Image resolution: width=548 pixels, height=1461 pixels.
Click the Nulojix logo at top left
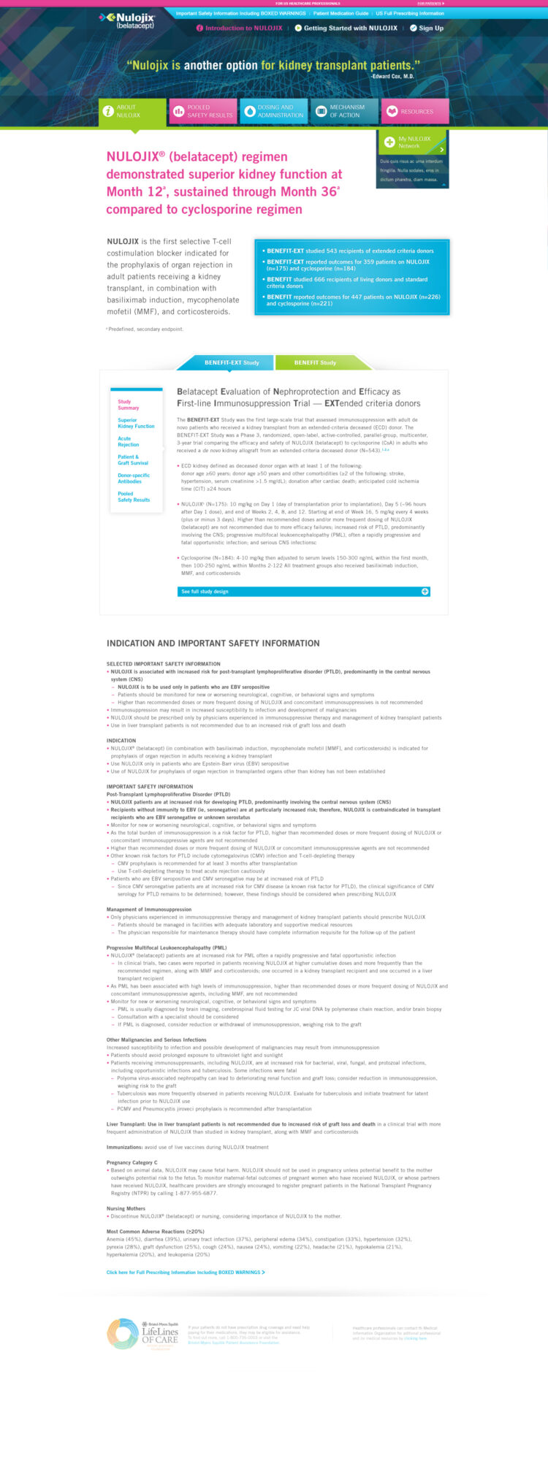127,20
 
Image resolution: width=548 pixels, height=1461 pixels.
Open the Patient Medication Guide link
340,13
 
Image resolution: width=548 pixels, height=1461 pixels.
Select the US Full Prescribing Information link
409,13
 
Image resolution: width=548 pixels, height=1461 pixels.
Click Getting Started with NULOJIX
350,28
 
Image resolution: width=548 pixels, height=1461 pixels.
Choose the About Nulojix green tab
132,112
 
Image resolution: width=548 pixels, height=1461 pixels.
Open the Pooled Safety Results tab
202,112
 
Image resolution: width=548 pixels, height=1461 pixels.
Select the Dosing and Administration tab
273,112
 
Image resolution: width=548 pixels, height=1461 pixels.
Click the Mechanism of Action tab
343,112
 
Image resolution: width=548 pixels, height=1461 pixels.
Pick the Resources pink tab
414,112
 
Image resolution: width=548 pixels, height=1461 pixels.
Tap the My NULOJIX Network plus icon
389,142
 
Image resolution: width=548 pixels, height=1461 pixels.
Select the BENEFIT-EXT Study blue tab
232,362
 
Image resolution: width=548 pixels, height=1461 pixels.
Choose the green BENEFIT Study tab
315,362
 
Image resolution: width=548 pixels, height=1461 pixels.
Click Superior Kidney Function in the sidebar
136,423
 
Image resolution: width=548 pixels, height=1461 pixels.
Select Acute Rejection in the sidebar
129,441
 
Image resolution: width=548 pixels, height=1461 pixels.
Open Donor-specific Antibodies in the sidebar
134,478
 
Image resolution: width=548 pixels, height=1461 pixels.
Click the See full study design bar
303,591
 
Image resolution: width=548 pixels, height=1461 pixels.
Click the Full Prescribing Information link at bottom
186,1272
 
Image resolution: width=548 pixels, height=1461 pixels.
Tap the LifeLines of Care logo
143,1333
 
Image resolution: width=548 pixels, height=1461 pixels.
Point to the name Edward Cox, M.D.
392,76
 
